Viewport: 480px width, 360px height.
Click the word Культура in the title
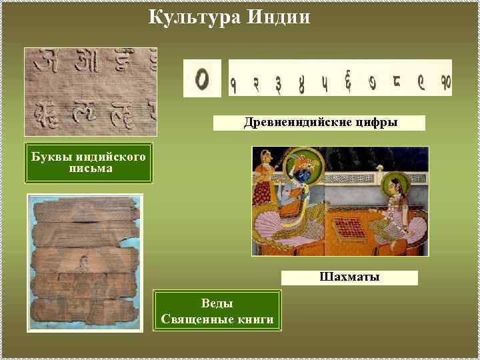click(x=193, y=15)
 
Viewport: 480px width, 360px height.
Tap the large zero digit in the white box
click(x=202, y=79)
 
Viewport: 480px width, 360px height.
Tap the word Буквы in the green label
click(x=50, y=157)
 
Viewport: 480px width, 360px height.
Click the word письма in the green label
click(x=89, y=168)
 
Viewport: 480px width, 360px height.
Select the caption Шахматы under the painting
click(x=349, y=277)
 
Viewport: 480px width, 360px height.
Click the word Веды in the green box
click(x=217, y=304)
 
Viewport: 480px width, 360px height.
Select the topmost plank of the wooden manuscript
click(x=85, y=210)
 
